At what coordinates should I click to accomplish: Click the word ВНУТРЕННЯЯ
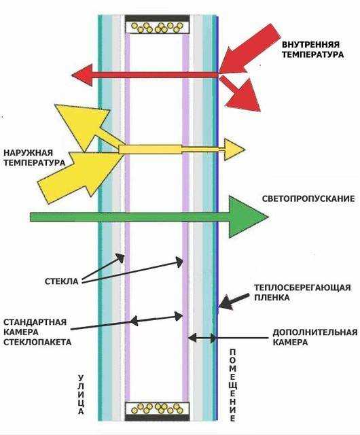(310, 44)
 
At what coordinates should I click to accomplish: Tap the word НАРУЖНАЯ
(29, 152)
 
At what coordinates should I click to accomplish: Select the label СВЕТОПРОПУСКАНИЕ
(308, 198)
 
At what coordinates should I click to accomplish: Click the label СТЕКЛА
(62, 281)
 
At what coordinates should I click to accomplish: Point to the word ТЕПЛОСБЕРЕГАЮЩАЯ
(302, 288)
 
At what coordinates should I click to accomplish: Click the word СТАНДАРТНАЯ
(35, 322)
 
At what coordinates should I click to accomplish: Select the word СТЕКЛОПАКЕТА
(37, 342)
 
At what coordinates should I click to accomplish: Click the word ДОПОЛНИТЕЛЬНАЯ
(315, 332)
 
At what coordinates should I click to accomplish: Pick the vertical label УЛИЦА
(81, 394)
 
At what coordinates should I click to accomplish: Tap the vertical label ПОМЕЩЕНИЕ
(233, 385)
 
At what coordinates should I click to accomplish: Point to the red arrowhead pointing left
(82, 75)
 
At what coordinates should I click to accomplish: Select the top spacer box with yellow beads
(158, 27)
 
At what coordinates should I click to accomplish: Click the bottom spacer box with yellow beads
(158, 408)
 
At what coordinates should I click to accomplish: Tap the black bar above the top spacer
(158, 18)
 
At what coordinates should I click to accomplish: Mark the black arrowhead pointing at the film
(226, 303)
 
